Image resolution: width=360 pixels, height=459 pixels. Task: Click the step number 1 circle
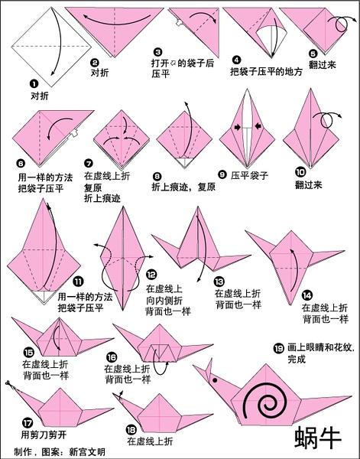(x=34, y=86)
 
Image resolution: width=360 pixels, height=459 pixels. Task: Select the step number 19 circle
(x=278, y=348)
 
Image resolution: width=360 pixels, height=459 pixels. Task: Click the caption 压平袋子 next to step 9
(x=250, y=175)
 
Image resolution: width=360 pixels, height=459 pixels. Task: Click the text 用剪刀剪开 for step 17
(x=42, y=435)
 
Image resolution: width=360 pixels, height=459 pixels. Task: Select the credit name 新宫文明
(x=86, y=452)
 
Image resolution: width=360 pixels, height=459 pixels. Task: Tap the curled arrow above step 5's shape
(x=342, y=23)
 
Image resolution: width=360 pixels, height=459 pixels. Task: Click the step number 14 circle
(x=306, y=295)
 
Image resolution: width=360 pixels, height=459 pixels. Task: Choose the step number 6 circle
(x=21, y=163)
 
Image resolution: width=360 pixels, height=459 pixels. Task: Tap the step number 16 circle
(x=112, y=357)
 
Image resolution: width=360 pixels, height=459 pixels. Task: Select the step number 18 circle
(x=131, y=429)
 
